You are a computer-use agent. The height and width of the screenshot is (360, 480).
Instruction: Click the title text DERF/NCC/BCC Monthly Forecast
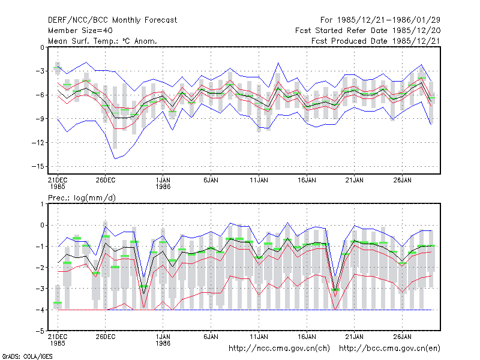[x=112, y=20]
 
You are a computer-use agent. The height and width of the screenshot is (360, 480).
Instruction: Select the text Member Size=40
[x=80, y=31]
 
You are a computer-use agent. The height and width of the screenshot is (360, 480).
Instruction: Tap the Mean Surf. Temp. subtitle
[x=102, y=41]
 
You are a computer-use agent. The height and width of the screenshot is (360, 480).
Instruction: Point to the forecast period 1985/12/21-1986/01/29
[x=380, y=20]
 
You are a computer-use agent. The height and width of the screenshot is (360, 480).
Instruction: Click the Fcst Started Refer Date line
[x=368, y=31]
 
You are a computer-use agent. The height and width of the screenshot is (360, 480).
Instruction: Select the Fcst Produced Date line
[x=376, y=41]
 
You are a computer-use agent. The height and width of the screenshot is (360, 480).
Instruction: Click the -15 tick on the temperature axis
[x=38, y=167]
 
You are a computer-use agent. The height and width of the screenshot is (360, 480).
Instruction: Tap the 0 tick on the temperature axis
[x=42, y=47]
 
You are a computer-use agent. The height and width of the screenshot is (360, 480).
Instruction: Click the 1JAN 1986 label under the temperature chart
[x=163, y=184]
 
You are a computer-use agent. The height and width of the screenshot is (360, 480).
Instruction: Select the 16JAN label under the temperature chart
[x=307, y=181]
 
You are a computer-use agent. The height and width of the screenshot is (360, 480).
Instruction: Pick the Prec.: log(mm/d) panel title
[x=82, y=198]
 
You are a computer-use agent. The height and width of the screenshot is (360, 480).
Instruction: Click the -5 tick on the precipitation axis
[x=40, y=331]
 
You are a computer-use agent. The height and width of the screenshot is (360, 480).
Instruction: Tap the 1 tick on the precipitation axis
[x=42, y=204]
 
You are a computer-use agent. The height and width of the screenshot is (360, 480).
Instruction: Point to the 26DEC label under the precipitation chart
[x=106, y=337]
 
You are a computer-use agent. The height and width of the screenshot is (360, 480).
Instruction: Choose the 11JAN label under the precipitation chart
[x=259, y=337]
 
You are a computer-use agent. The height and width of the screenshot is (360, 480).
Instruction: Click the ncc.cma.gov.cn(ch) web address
[x=279, y=349]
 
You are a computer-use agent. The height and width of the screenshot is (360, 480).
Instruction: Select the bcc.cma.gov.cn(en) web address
[x=389, y=349]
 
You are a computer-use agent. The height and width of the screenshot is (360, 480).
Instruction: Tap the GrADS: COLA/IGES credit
[x=27, y=356]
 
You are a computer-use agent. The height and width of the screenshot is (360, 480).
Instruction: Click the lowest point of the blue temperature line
[x=115, y=158]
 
